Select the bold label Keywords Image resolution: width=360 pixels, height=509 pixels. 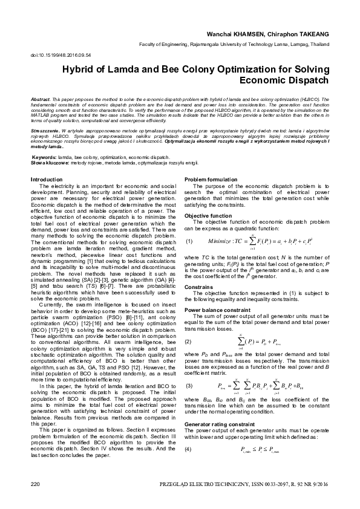coord(43,157)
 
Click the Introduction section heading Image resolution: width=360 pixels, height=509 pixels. coord(47,180)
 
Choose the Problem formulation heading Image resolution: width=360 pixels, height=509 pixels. coord(211,180)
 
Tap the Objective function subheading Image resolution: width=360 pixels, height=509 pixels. coord(208,216)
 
